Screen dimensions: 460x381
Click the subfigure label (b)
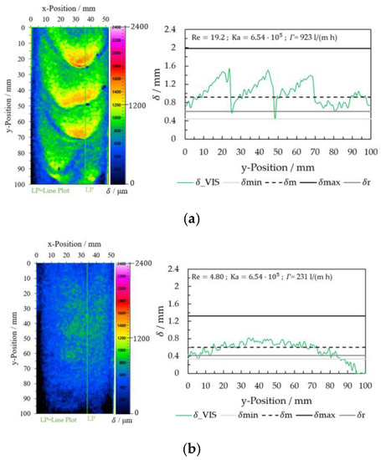click(x=190, y=449)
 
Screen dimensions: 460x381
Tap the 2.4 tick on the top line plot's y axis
click(x=170, y=29)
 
